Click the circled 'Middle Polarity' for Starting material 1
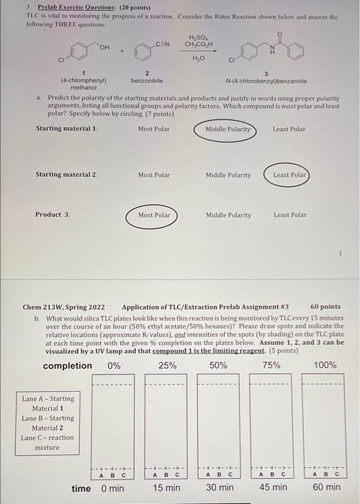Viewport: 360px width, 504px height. (228, 130)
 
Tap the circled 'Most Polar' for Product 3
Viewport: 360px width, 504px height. (154, 215)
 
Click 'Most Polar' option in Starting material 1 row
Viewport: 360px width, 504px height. (154, 130)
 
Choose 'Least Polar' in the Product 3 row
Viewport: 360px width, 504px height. (289, 215)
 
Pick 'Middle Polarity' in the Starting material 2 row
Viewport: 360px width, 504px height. (228, 175)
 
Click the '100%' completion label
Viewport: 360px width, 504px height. (325, 365)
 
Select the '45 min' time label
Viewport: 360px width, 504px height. (272, 488)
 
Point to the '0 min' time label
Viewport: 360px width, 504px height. (113, 488)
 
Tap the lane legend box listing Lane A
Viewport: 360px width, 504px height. (48, 423)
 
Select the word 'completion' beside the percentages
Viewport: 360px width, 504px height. (68, 365)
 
